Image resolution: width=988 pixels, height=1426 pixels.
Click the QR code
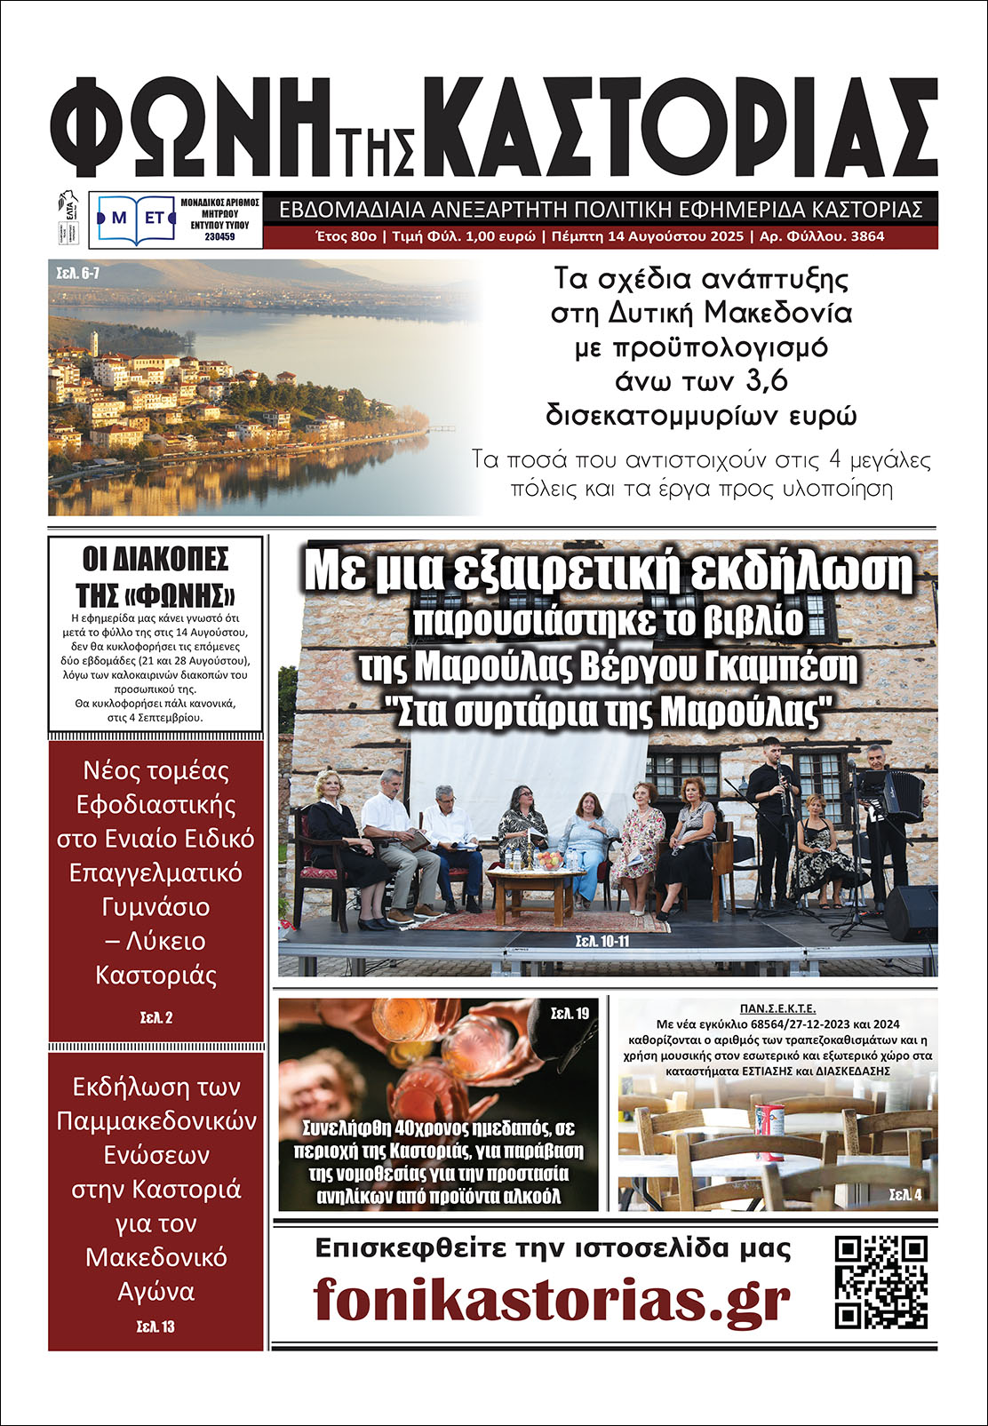pyautogui.click(x=881, y=1282)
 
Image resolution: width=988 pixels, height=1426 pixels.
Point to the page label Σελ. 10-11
pyautogui.click(x=602, y=941)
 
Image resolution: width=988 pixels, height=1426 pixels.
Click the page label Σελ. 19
pyautogui.click(x=570, y=1013)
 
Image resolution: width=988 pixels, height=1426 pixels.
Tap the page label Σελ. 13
pyautogui.click(x=155, y=1326)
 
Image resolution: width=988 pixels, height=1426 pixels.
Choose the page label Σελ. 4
pyautogui.click(x=905, y=1195)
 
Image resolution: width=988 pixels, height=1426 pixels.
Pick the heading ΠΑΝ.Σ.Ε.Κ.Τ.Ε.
pyautogui.click(x=777, y=1009)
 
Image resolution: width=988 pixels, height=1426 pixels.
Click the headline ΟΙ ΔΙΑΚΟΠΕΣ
pyautogui.click(x=155, y=560)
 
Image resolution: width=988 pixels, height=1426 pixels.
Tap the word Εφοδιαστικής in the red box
pyautogui.click(x=155, y=805)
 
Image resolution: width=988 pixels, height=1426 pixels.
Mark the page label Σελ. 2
pyautogui.click(x=155, y=1017)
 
